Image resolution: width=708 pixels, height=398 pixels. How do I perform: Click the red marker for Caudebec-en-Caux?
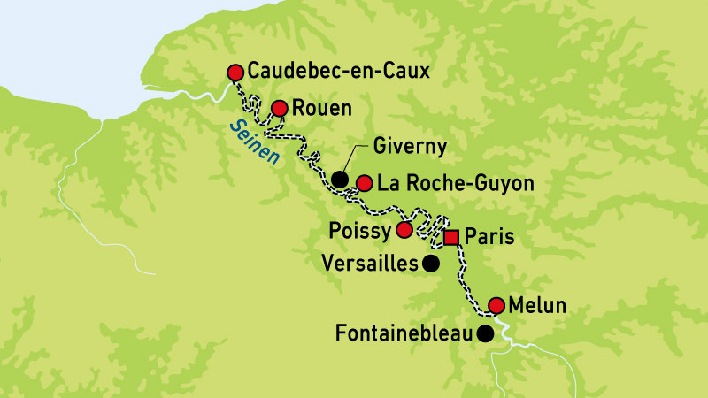[x=235, y=72]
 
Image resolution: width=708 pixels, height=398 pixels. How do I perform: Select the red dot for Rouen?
[x=279, y=108]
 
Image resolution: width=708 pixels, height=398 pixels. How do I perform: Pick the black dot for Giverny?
[x=340, y=180]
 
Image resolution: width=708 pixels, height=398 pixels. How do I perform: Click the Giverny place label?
[x=410, y=146]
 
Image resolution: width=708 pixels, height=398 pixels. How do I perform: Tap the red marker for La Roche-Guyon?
[x=365, y=183]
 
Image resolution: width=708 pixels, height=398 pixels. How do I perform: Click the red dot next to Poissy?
[x=404, y=230]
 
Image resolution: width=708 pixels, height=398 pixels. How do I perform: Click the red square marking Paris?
[x=451, y=237]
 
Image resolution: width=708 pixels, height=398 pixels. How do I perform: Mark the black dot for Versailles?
[x=430, y=263]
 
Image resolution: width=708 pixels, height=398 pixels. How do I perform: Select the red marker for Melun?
[x=496, y=305]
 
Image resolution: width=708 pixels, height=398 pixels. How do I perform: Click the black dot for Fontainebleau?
[x=485, y=333]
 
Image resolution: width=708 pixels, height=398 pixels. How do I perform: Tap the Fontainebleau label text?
[x=404, y=334]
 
